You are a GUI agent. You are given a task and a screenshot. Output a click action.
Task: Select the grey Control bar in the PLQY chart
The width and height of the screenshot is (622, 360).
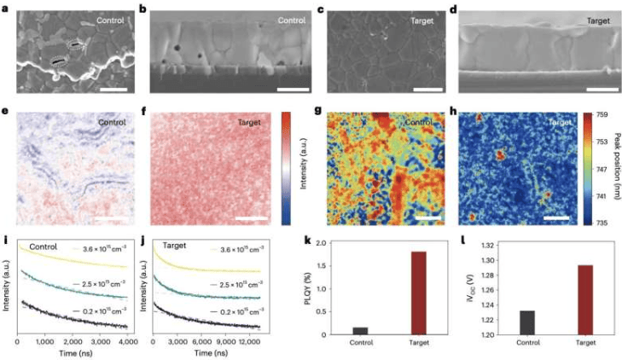pos(361,330)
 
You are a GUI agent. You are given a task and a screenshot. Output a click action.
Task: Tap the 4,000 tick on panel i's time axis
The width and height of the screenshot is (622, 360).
pos(126,342)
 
